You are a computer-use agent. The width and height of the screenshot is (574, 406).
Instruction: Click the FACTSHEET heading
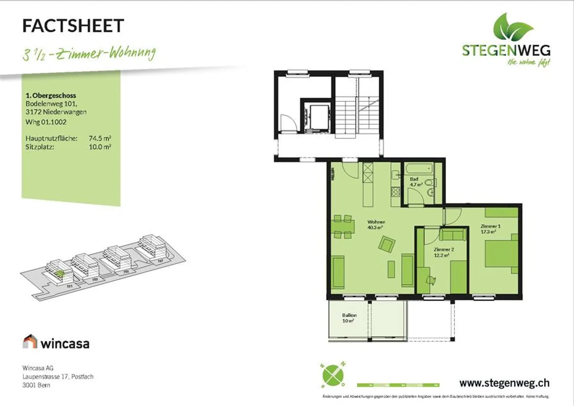73,26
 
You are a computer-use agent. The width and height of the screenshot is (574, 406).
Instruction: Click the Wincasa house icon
30,342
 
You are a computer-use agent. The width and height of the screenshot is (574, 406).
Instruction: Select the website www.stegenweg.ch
504,383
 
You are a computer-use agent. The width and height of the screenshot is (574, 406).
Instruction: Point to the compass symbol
333,375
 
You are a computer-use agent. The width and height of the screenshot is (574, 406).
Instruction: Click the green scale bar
398,385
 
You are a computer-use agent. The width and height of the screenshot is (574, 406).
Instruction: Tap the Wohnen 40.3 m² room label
375,225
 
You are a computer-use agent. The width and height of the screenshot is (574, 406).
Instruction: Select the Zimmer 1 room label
490,229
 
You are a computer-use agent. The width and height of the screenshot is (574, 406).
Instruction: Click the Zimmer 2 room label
443,252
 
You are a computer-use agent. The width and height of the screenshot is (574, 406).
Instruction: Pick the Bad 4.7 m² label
415,182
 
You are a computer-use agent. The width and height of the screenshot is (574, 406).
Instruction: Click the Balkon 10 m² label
349,318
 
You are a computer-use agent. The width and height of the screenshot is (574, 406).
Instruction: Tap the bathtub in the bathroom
419,169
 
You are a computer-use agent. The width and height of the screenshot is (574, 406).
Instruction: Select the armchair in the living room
387,244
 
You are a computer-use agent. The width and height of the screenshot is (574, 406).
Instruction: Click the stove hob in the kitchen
395,192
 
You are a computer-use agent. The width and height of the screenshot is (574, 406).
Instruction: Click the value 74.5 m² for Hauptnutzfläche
100,138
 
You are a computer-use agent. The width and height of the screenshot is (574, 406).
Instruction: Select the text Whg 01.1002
46,122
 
